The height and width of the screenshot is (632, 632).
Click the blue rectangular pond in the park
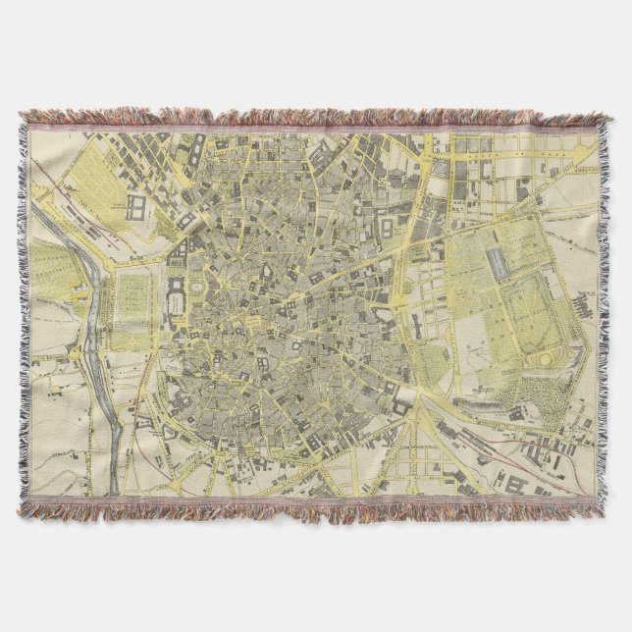pyautogui.click(x=495, y=261)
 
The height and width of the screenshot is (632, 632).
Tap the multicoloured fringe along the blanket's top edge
pyautogui.click(x=314, y=117)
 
